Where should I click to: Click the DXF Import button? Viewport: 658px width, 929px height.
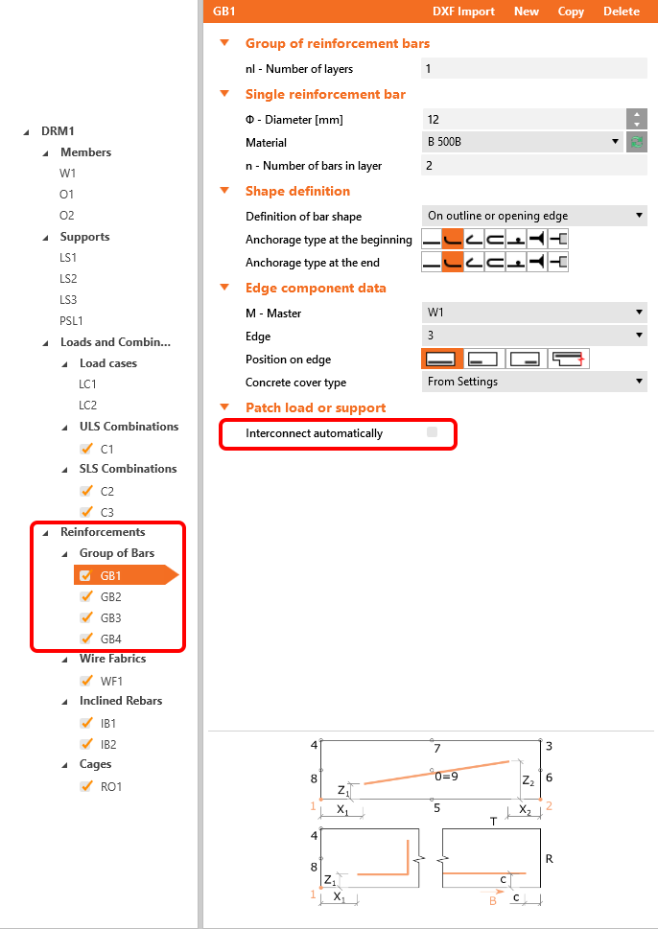[x=463, y=12]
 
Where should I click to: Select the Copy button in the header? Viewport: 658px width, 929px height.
[x=571, y=12]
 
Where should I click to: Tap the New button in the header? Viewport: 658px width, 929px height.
[x=527, y=12]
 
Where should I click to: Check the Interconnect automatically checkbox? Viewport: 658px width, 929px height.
[x=432, y=433]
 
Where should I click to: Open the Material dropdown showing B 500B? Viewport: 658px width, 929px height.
[x=523, y=142]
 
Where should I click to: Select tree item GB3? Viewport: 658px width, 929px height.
[x=110, y=618]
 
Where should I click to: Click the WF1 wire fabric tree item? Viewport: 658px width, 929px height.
[x=110, y=682]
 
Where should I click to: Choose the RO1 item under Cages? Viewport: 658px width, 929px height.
[x=111, y=787]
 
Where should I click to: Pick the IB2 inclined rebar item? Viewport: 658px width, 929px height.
[x=108, y=745]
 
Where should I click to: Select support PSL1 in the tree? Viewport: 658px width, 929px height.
[x=73, y=321]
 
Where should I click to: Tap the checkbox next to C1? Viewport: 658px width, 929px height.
[x=86, y=449]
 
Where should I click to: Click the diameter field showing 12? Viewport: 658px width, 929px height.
[x=523, y=119]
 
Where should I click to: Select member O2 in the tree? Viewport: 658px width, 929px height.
[x=66, y=216]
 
